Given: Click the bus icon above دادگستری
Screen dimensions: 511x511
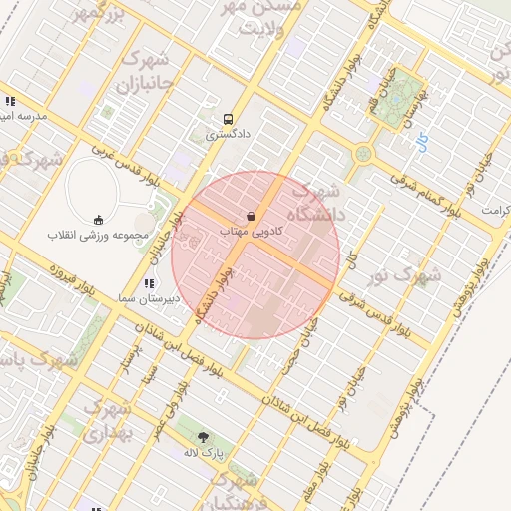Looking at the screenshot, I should (228, 117).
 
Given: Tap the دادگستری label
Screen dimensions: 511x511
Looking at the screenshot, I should (228, 133).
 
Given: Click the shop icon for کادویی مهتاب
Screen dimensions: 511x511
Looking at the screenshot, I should (251, 216).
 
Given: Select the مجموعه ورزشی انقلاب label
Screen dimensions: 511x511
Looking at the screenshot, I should (98, 236).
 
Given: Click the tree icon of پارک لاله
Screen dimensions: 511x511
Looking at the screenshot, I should (204, 437).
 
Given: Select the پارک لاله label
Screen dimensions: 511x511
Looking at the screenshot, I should (205, 452).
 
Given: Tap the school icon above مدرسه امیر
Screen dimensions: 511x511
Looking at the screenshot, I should (10, 102).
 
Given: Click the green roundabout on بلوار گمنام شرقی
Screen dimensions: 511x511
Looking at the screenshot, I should (362, 155).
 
